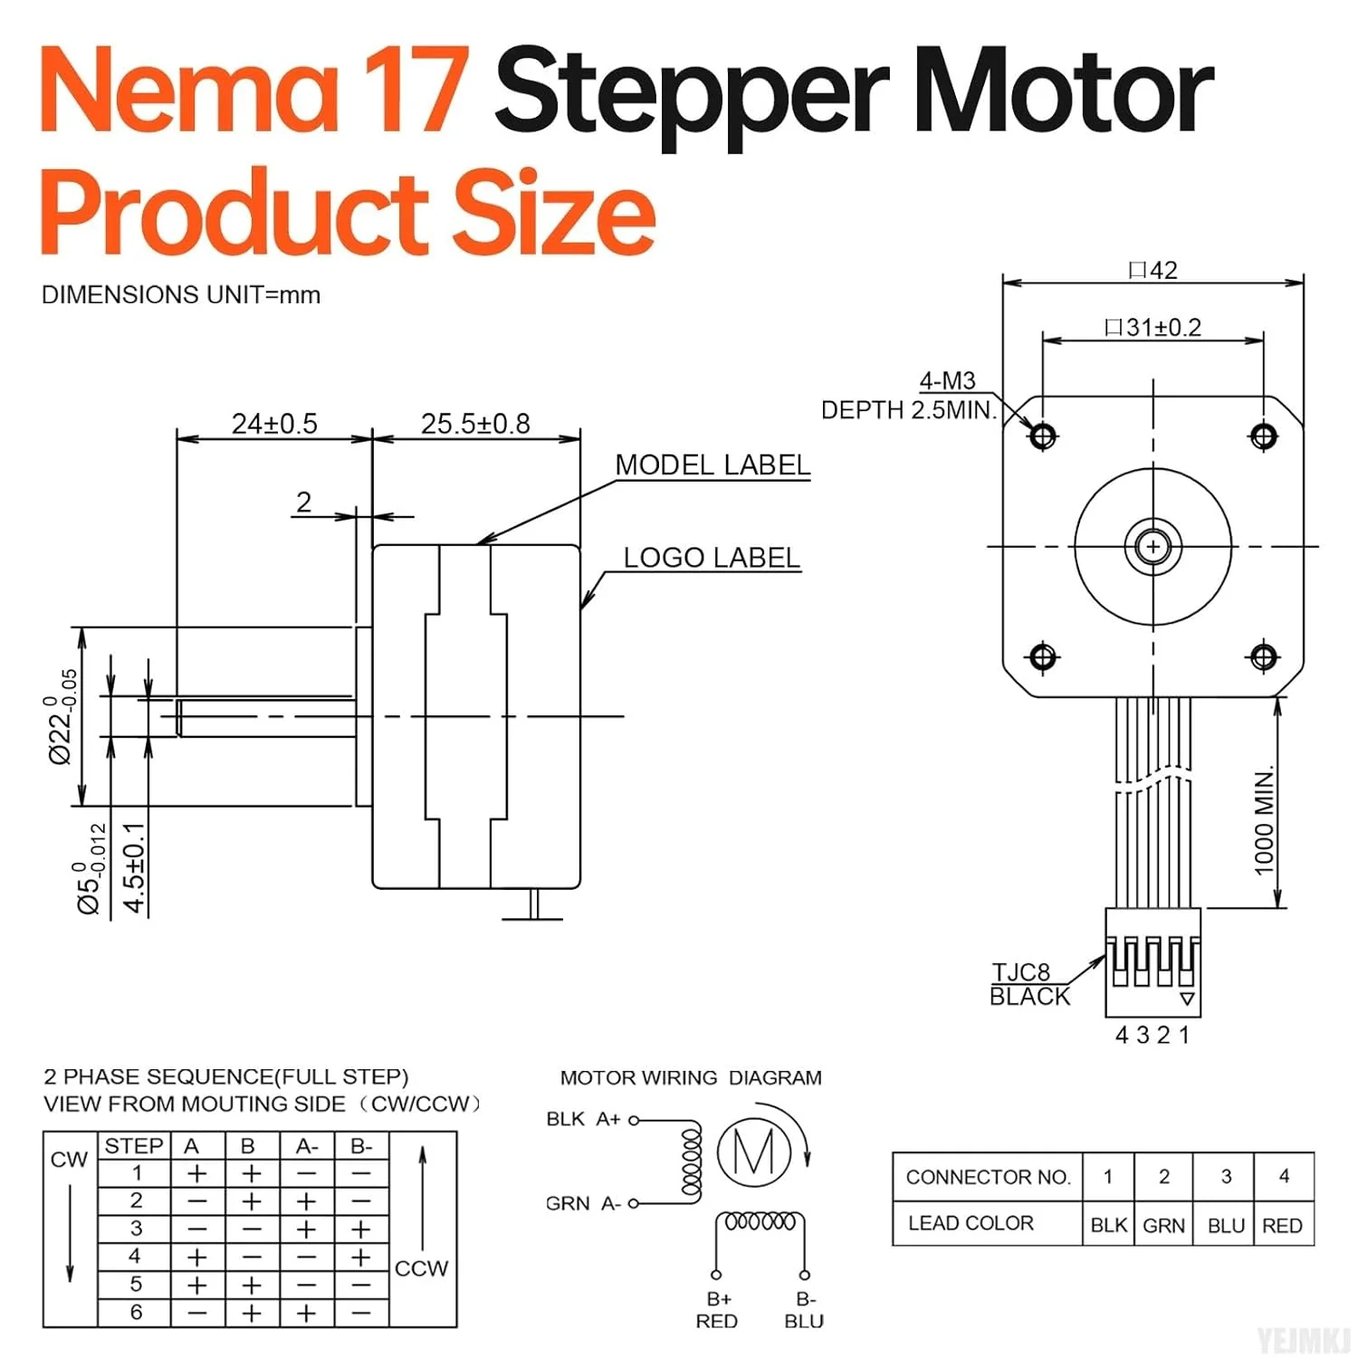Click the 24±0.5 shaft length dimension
coord(274,424)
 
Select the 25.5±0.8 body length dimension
coord(475,424)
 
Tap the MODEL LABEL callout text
coord(712,465)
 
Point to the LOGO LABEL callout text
coord(712,558)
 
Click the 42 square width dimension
coord(1153,270)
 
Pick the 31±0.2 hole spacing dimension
coord(1153,327)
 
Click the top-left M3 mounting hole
coord(1043,436)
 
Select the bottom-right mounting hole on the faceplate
coord(1264,656)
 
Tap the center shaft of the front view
coord(1153,547)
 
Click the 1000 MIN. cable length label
coord(1265,821)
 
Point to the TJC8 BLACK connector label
coord(1029,984)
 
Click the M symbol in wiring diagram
coord(754,1152)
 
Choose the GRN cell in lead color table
coord(1163,1225)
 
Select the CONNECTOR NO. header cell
coord(988,1177)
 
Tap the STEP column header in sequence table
coord(133,1146)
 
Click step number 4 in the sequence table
coord(135,1257)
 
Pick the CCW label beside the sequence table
coord(421,1268)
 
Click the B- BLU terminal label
coord(804,1310)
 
